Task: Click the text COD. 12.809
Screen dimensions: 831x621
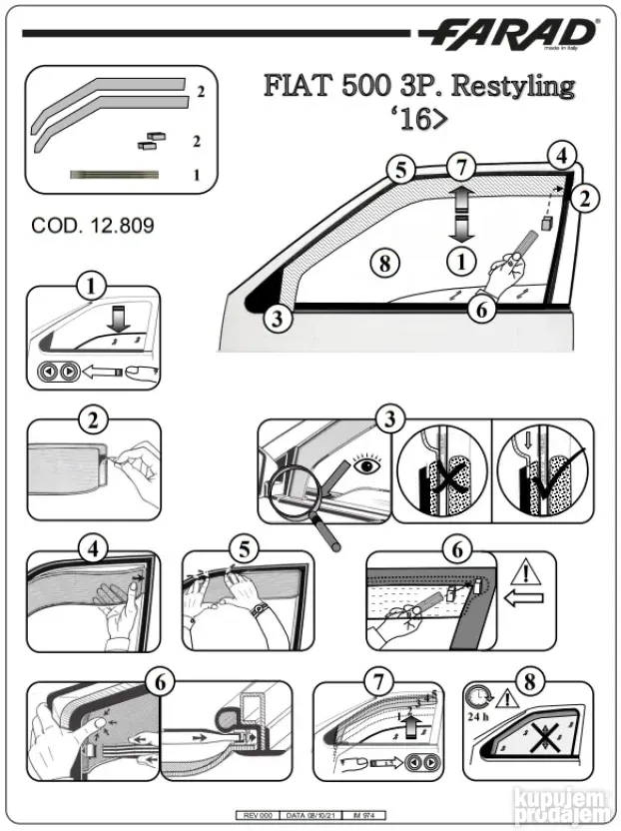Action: click(93, 226)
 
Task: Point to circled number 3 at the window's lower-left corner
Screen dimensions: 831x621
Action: click(280, 320)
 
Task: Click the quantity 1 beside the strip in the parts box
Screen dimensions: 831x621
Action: click(196, 176)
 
